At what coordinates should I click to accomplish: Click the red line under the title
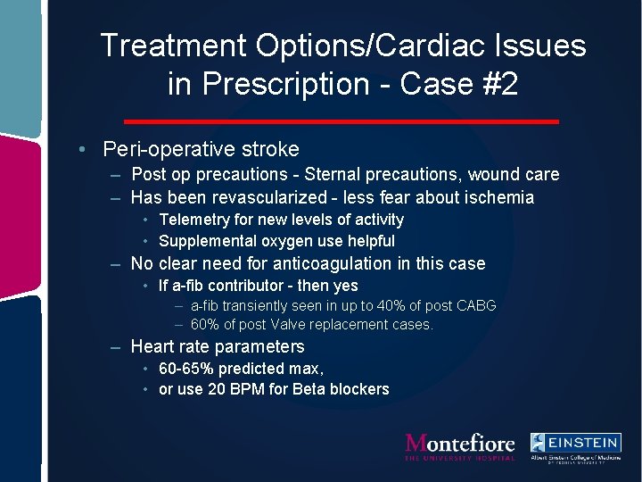(x=341, y=120)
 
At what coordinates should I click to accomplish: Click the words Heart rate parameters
(x=218, y=346)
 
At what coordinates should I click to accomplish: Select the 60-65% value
(x=185, y=369)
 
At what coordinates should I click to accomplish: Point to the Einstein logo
(x=575, y=446)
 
